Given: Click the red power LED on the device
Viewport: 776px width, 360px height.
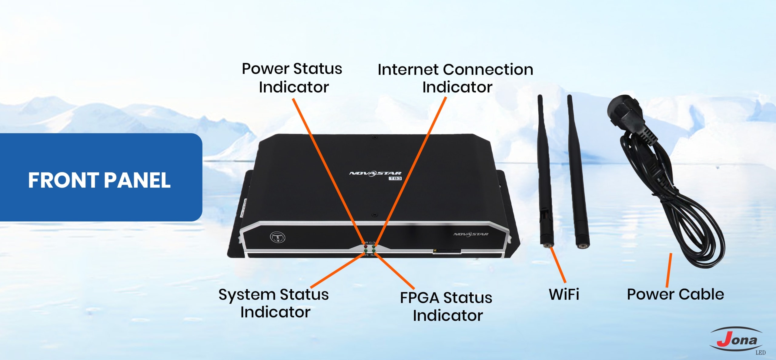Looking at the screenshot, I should [366, 247].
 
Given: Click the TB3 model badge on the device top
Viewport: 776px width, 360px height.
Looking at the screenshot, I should [395, 178].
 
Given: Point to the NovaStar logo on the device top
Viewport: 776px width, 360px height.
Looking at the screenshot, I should [375, 173].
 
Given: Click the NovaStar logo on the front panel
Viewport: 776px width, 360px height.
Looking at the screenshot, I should [471, 234].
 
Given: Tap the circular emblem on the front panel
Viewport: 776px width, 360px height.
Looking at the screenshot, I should [277, 237].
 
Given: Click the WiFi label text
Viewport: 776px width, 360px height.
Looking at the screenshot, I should [564, 294].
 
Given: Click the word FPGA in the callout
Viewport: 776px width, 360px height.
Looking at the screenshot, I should [423, 298].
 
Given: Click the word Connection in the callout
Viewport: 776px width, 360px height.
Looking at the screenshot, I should [488, 70].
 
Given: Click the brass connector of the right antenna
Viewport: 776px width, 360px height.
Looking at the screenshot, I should [582, 246].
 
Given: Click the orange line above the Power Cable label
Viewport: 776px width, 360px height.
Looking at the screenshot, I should [669, 270].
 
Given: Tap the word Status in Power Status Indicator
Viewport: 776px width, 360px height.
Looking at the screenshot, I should [318, 69].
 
